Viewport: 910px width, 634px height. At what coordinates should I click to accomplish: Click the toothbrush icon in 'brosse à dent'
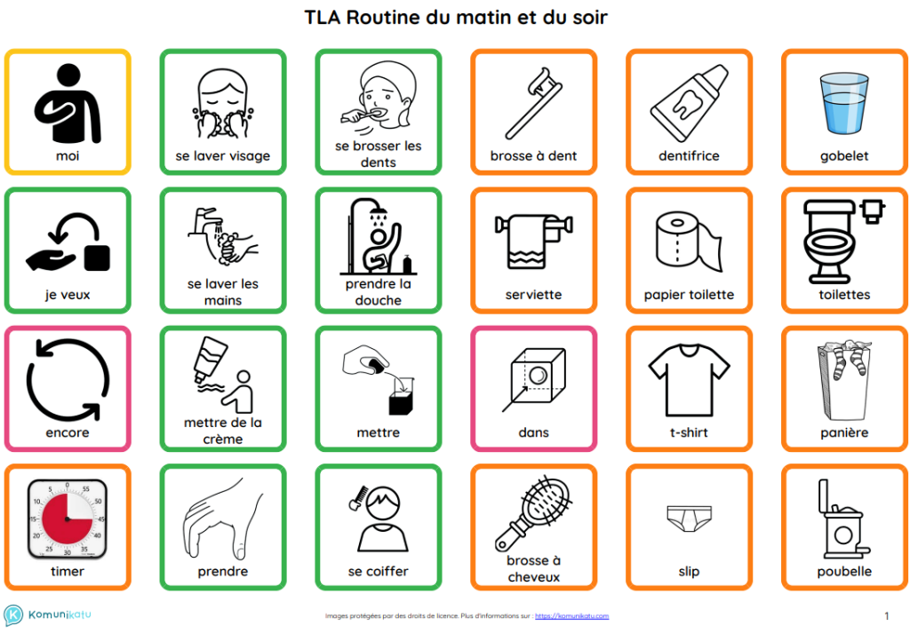coord(533,103)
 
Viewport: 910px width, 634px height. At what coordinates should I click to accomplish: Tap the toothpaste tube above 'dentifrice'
coord(689,103)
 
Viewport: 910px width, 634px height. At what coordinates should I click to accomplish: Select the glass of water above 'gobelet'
coord(844,102)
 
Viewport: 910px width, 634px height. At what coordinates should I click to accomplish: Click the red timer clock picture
coord(68,519)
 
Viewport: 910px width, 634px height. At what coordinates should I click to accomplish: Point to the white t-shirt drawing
coord(689,380)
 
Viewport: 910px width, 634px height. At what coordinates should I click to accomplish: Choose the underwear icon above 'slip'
coord(689,519)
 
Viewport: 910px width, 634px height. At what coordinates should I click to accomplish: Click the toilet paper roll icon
coord(689,242)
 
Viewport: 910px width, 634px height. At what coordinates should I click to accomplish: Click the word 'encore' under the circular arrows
coord(68,432)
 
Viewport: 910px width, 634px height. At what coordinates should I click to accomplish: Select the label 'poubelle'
coord(844,571)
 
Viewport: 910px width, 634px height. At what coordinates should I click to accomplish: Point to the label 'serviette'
coord(533,295)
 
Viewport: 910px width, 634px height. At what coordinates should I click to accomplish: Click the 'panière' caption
coord(844,432)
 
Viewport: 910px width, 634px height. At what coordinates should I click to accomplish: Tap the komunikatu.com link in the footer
coord(571,616)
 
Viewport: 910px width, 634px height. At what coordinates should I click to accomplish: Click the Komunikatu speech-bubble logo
coord(13,614)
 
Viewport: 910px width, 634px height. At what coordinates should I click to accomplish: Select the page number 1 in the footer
coord(886,616)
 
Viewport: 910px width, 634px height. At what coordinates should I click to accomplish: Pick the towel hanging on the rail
coord(526,243)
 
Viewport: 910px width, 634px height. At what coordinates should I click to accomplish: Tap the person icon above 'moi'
coord(68,103)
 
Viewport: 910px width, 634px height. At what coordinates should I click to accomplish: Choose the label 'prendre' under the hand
coord(223,571)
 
